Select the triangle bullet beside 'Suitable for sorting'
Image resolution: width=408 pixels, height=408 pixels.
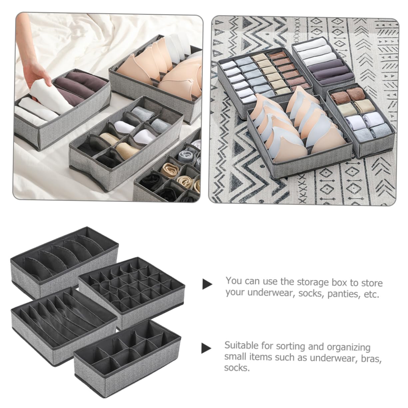[x=206, y=348]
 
